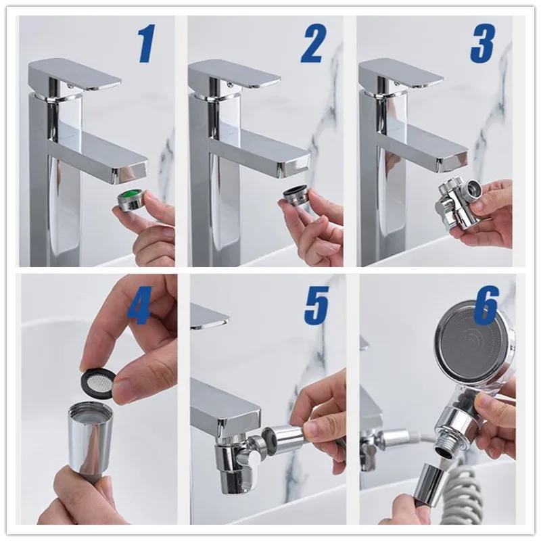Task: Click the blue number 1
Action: [x=146, y=45]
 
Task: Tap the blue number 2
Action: [x=312, y=45]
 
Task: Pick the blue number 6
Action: [x=486, y=306]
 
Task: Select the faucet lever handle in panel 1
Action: [x=74, y=74]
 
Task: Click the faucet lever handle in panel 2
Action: [x=235, y=74]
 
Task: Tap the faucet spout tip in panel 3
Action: [x=454, y=160]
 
